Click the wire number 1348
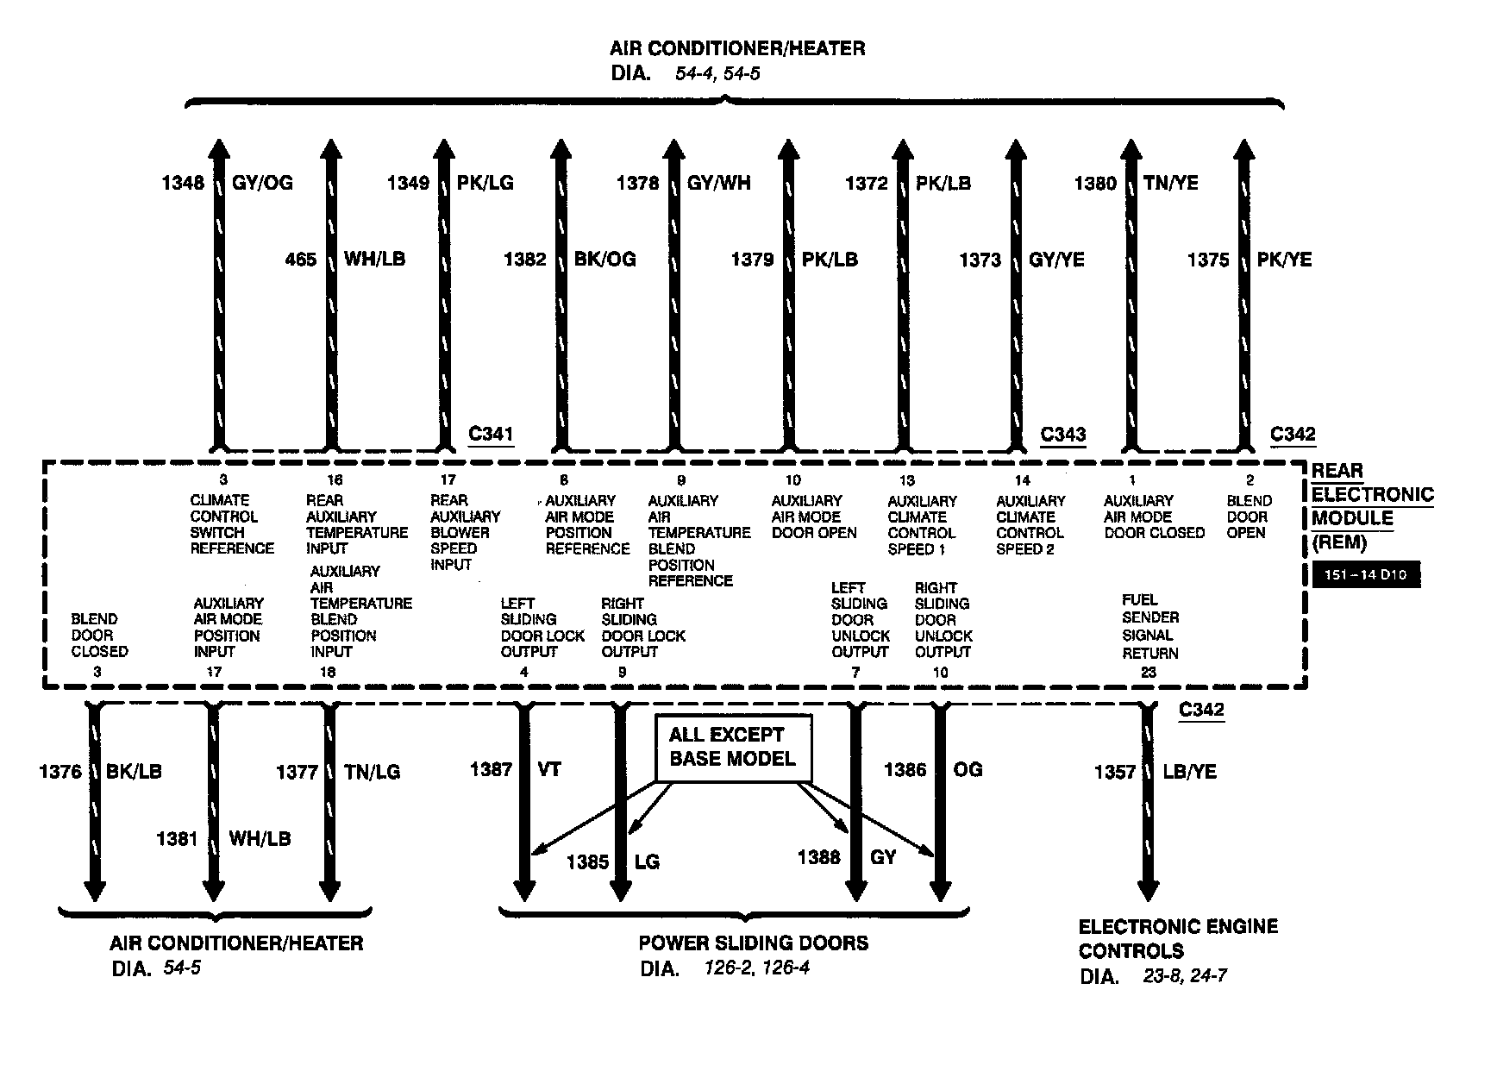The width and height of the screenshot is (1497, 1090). point(182,183)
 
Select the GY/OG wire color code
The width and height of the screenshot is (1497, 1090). point(263,183)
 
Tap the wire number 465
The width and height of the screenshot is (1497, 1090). point(301,259)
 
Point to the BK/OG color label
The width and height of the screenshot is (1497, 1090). point(605,259)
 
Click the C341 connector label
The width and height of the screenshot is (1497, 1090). point(491,433)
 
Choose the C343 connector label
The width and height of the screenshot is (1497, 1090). point(1063,435)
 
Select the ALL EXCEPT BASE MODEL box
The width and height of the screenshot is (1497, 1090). point(733,748)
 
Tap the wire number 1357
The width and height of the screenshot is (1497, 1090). point(1115,772)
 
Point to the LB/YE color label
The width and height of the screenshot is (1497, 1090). point(1189,772)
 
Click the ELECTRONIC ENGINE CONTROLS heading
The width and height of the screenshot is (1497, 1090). point(1178,938)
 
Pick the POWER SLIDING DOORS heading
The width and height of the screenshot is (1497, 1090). point(754,943)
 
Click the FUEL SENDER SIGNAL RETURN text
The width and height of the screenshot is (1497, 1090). point(1150,626)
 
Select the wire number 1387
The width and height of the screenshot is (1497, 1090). point(491,769)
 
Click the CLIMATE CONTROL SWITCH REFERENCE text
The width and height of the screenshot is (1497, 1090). point(232,524)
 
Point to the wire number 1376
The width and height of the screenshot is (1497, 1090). point(60,772)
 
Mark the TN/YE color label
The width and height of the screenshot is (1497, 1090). point(1171,183)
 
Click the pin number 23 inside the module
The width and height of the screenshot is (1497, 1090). point(1149,673)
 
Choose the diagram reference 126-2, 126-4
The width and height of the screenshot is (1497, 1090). point(757,968)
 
